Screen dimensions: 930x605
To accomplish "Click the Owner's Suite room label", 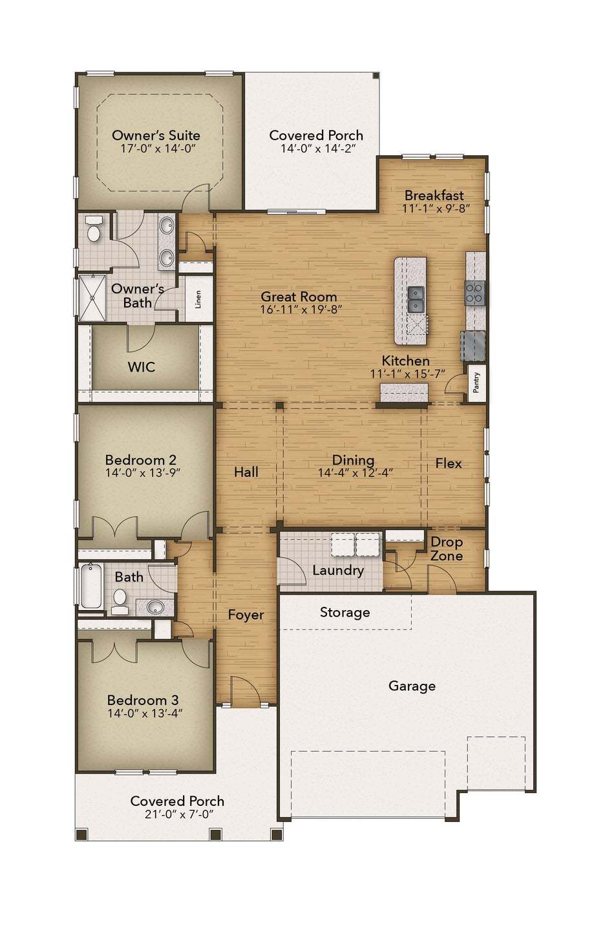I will click(x=156, y=135).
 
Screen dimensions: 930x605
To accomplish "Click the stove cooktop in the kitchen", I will click(x=474, y=293).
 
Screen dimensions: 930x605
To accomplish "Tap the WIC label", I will click(x=141, y=367).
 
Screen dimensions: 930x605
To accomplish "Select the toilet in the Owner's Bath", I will click(x=94, y=231).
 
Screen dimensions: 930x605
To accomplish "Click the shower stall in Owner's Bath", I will click(x=92, y=297).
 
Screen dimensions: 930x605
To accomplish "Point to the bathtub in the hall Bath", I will click(x=90, y=586).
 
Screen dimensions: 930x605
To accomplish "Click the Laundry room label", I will click(x=337, y=570).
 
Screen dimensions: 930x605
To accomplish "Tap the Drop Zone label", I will click(x=446, y=549).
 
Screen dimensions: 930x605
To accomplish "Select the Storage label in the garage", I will click(x=345, y=612).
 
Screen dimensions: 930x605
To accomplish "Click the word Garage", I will click(x=412, y=686).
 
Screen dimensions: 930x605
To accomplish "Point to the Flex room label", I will click(x=448, y=463).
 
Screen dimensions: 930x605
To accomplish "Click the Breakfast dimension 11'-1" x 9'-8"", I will click(x=435, y=209).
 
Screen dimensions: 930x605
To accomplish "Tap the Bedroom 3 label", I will click(x=143, y=700).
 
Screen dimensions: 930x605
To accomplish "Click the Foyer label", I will click(x=246, y=615).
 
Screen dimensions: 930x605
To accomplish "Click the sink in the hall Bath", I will click(x=155, y=607).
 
